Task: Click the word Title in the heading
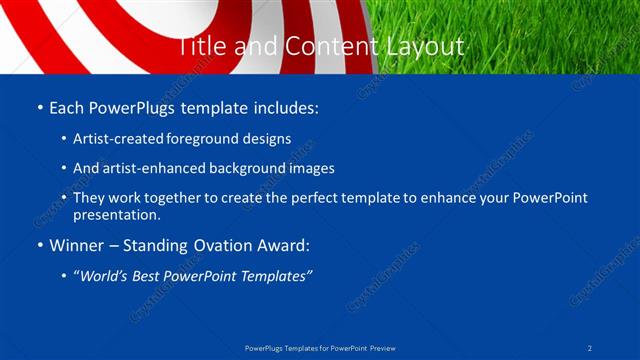point(202,46)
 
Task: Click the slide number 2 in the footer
point(591,348)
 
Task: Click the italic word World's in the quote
point(108,275)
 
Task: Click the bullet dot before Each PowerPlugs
point(39,108)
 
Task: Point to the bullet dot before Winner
point(39,245)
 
